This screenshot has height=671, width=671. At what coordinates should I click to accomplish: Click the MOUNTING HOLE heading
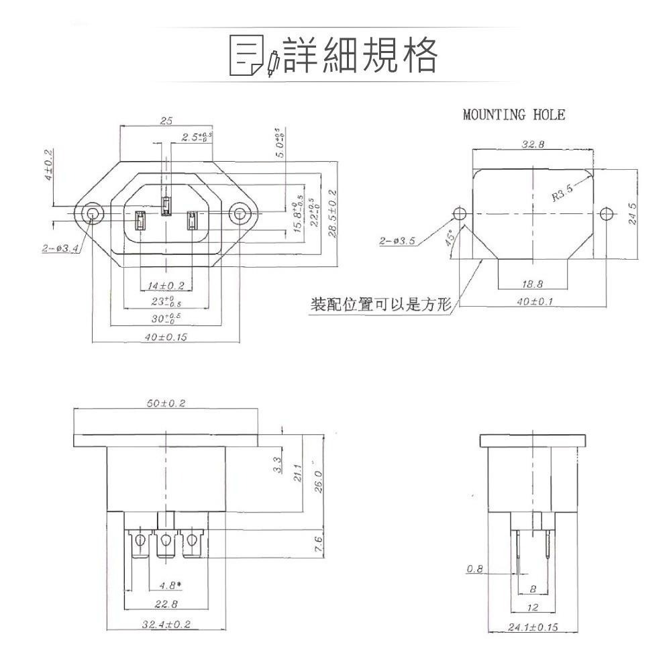pyautogui.click(x=514, y=115)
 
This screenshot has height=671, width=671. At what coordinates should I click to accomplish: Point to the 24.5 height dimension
pyautogui.click(x=633, y=214)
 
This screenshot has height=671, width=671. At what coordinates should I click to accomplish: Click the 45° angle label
pyautogui.click(x=451, y=238)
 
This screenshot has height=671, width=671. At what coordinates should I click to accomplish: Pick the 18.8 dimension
pyautogui.click(x=533, y=285)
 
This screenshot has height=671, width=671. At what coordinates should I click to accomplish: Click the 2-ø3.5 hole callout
pyautogui.click(x=397, y=240)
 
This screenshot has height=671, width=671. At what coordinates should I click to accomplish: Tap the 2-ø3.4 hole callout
pyautogui.click(x=60, y=248)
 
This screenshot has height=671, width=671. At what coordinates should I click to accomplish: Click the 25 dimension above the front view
pyautogui.click(x=166, y=121)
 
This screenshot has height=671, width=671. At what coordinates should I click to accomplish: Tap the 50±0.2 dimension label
pyautogui.click(x=166, y=403)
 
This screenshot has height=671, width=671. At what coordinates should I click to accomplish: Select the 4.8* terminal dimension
pyautogui.click(x=170, y=584)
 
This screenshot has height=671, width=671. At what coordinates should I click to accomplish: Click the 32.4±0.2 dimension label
pyautogui.click(x=166, y=625)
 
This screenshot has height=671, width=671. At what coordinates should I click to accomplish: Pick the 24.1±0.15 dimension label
pyautogui.click(x=533, y=628)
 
